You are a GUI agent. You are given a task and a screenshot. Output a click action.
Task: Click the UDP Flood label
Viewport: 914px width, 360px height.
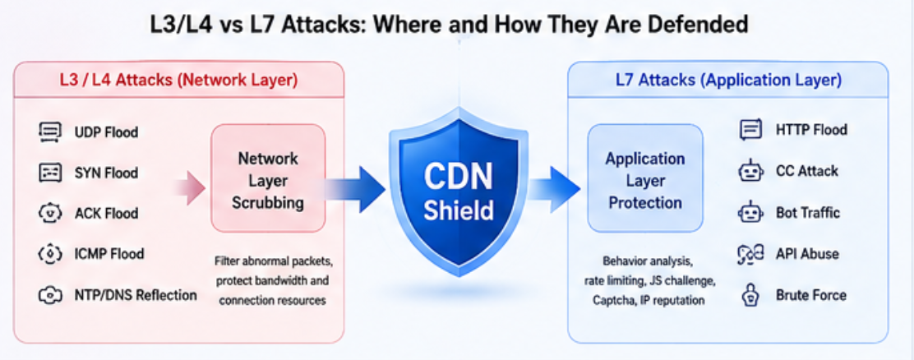coord(106,132)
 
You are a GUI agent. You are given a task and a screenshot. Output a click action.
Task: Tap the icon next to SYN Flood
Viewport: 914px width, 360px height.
coord(49,173)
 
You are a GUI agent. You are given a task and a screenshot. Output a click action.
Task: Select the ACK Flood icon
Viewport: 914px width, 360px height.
coord(49,213)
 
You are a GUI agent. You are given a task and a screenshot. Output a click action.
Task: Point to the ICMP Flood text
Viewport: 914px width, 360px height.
coord(109,254)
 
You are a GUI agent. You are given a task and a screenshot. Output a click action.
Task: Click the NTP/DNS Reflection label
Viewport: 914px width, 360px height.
coord(136,295)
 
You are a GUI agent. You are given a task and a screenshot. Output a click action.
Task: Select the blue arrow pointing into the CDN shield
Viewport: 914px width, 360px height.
coord(355,189)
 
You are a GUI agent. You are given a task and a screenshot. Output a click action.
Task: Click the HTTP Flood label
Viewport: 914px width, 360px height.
coord(811,129)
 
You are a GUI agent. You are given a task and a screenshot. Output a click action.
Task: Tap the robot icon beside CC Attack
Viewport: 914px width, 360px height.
coord(750,172)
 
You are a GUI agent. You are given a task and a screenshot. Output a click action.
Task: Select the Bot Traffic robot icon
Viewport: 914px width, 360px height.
coord(750,213)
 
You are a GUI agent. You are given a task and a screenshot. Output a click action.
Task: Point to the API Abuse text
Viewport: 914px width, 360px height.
coord(807,254)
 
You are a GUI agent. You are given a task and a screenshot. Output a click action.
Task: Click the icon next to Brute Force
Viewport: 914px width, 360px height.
coord(750,295)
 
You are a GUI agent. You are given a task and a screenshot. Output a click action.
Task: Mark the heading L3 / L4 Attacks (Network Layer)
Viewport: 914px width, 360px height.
coord(178,81)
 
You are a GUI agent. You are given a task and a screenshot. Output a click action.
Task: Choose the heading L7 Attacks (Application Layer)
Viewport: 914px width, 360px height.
coord(728,81)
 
